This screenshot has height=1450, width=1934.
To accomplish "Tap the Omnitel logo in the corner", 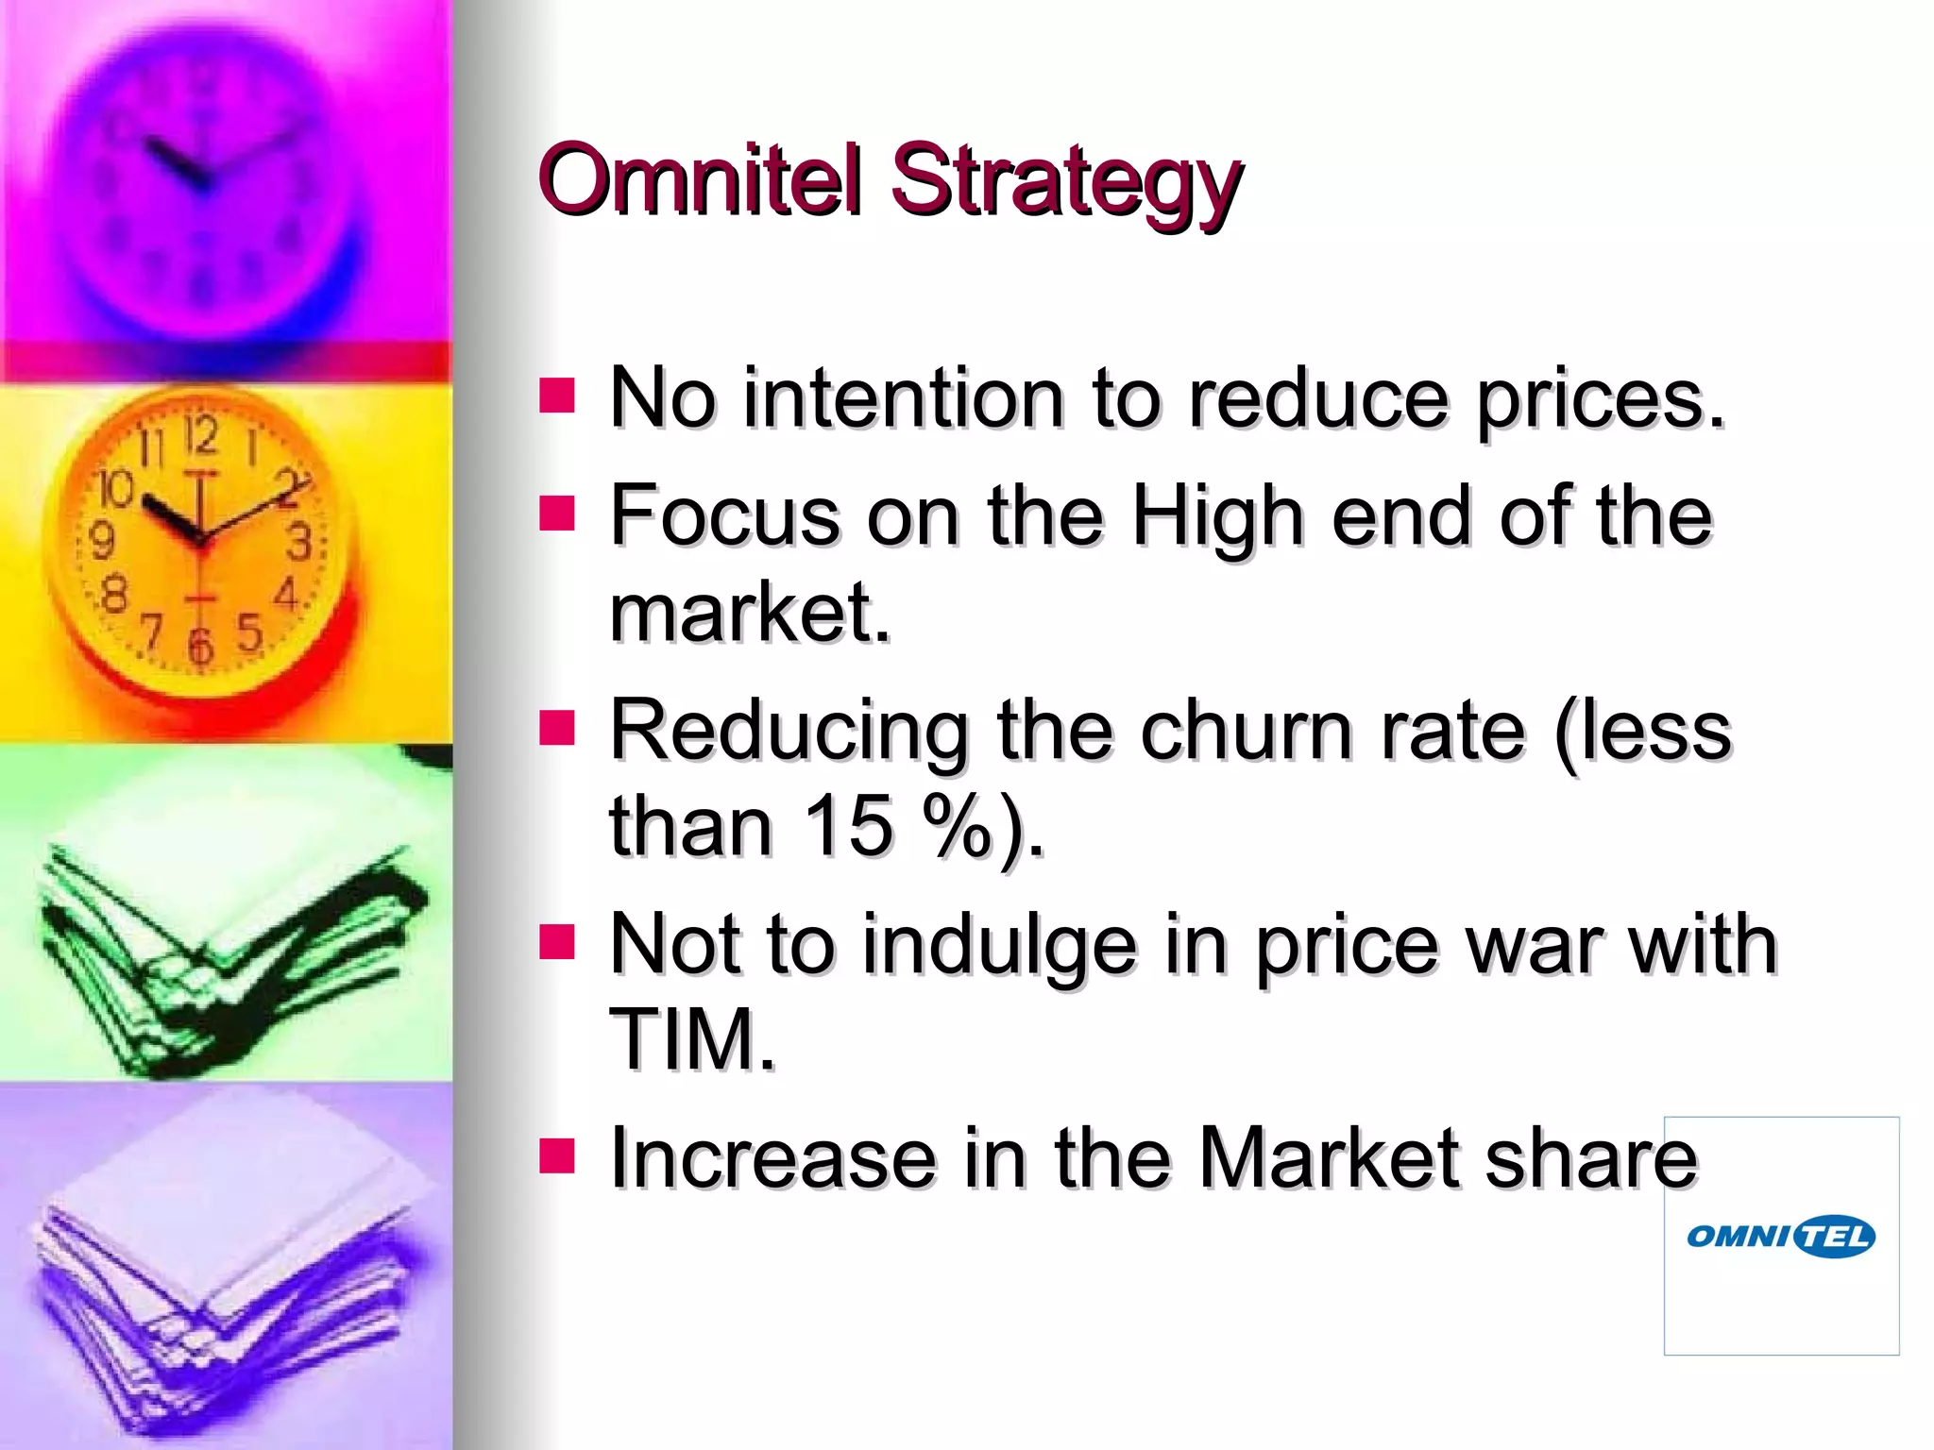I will click(x=1781, y=1236).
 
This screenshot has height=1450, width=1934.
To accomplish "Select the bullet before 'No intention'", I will click(x=557, y=396).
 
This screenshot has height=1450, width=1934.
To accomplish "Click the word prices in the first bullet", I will click(x=1601, y=400).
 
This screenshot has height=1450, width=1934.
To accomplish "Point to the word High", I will click(x=1217, y=517).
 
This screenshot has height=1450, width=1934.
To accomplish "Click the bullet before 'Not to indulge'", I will click(x=557, y=941).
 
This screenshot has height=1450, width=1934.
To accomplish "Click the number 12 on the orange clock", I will click(x=200, y=435).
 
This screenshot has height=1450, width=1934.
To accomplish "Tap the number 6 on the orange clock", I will click(x=200, y=646).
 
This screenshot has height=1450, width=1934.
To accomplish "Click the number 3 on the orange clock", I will click(x=299, y=542).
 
